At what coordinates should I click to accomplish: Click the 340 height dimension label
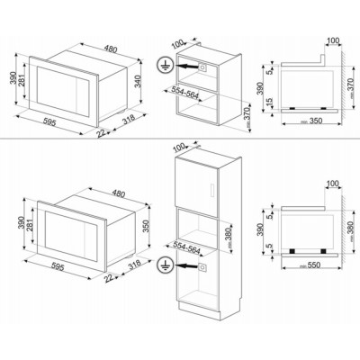137,81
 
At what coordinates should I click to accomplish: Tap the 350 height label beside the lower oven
146,226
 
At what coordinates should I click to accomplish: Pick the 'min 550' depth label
310,265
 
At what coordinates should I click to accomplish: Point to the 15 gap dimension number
270,103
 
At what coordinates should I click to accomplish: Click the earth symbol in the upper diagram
164,66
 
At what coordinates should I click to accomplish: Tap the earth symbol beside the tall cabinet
164,265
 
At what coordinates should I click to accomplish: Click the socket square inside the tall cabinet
202,266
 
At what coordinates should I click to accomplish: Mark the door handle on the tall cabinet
212,190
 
